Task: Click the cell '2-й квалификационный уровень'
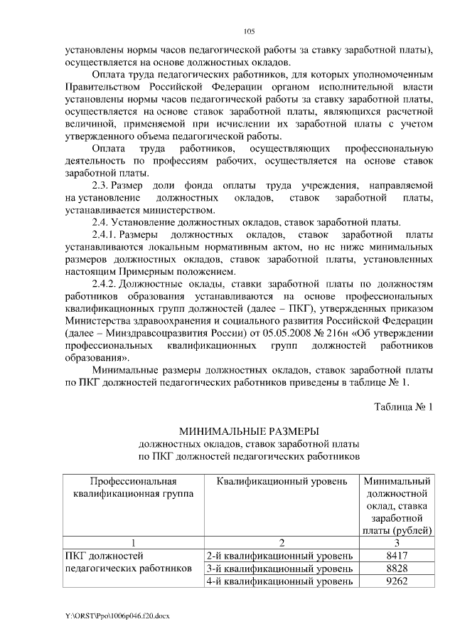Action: (279, 555)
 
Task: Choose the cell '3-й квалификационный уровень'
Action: (279, 569)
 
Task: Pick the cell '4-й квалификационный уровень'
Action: (279, 582)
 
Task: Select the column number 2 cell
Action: (282, 542)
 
